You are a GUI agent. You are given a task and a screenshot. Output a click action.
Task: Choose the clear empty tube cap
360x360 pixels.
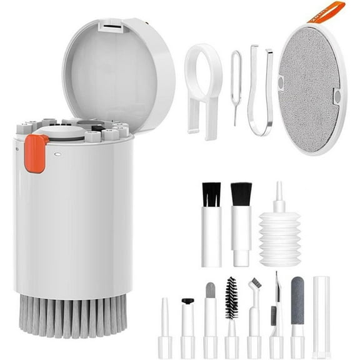(x=321, y=316)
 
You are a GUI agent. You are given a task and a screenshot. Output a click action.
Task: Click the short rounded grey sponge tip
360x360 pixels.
(x=211, y=290)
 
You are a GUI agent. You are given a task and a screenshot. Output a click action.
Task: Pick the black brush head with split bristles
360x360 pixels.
(x=211, y=195)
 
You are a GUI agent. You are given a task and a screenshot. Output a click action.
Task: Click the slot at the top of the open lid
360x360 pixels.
(x=110, y=29)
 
